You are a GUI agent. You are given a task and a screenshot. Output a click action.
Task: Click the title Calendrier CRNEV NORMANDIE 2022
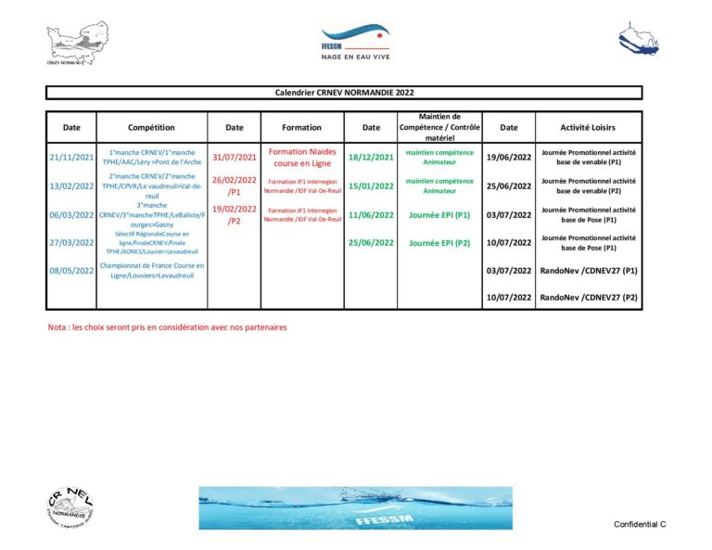pos(344,93)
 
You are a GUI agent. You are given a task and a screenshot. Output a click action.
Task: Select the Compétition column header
pos(151,127)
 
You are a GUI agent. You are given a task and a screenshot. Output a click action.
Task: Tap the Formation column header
pos(301,127)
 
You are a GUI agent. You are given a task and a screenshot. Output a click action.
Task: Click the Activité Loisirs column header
pos(588,127)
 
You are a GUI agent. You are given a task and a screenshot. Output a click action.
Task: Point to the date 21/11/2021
pos(71,157)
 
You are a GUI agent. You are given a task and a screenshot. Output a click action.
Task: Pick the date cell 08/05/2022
pos(71,271)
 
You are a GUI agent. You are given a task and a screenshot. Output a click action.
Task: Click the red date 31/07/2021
pos(235,157)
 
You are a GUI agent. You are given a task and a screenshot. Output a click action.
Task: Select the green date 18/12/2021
pos(371,157)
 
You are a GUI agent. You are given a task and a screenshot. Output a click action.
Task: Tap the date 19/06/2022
pos(509,157)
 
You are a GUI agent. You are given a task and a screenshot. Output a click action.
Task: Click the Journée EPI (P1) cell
pos(439,214)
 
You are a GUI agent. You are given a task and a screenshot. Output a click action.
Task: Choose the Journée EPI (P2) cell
pos(439,243)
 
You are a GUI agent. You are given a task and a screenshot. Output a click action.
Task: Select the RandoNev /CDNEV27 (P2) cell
pos(589,298)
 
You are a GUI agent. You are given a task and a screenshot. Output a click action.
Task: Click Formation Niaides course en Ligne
pos(301,157)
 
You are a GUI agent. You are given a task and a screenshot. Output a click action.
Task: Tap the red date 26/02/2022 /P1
pos(235,185)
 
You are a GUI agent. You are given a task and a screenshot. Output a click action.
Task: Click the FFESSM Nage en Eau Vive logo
pos(355,43)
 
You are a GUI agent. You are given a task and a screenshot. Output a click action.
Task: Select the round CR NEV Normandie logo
pos(71,508)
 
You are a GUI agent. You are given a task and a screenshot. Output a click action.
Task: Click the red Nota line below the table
pos(168,327)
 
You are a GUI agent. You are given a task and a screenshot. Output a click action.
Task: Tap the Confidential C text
pos(640,524)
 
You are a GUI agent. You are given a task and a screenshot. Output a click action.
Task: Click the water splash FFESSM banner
pos(355,507)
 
